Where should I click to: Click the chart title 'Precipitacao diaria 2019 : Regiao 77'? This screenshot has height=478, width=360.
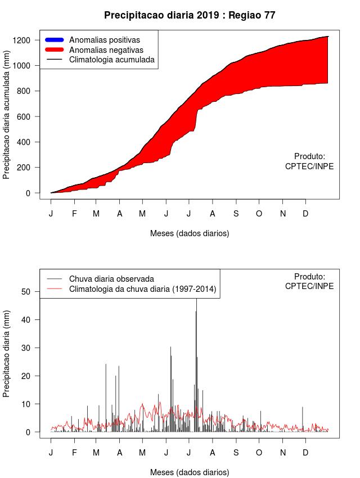tap(190, 16)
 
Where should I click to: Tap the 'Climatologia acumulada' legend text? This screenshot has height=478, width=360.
tap(111, 59)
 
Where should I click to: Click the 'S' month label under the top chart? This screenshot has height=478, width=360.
tap(236, 214)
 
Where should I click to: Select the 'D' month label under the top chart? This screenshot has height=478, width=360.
tap(305, 214)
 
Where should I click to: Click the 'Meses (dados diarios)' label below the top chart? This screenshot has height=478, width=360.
tap(190, 233)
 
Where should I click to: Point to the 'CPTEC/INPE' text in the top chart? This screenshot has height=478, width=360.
tap(309, 166)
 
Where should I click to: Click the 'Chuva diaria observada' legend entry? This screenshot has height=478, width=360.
tap(111, 278)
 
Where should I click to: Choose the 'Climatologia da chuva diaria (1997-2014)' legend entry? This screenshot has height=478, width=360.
tap(142, 289)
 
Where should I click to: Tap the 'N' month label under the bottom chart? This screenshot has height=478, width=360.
tap(283, 453)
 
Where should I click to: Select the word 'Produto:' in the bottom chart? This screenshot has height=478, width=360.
tap(309, 276)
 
